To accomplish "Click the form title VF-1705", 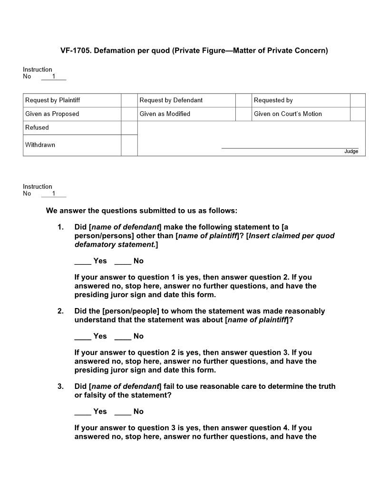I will pyautogui.click(x=194, y=50).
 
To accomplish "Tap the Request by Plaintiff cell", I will pyautogui.click(x=53, y=100).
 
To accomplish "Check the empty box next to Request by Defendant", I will pyautogui.click(x=243, y=100).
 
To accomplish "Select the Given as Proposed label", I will pyautogui.click(x=52, y=114).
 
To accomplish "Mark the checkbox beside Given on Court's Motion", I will pyautogui.click(x=358, y=114).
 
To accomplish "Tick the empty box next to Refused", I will pyautogui.click(x=129, y=128).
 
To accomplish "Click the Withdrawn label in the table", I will pyautogui.click(x=40, y=145).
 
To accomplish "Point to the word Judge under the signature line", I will pyautogui.click(x=351, y=152).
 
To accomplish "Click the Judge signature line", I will pyautogui.click(x=290, y=147).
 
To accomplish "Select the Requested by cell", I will pyautogui.click(x=273, y=100).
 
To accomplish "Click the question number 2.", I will pyautogui.click(x=61, y=311).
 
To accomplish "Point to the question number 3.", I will pyautogui.click(x=61, y=386).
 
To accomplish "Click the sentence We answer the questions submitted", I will pyautogui.click(x=142, y=211).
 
